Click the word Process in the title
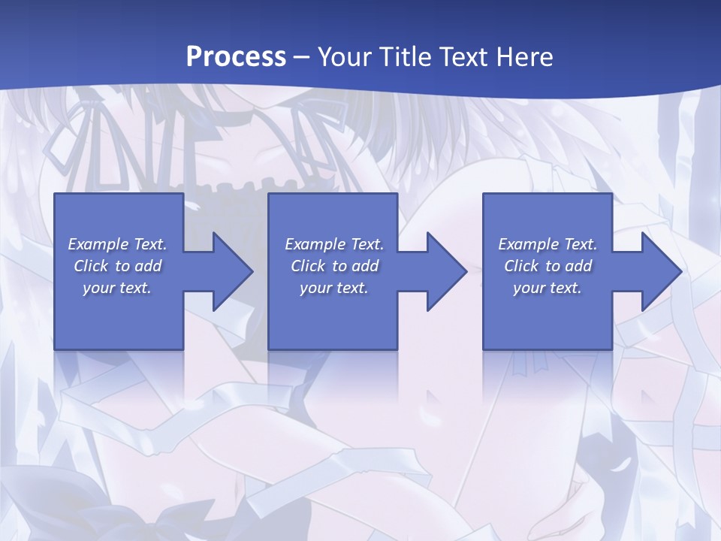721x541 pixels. pos(236,57)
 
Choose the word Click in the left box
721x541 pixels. pos(91,266)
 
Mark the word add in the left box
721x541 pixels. pos(148,266)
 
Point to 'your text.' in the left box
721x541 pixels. pos(117,288)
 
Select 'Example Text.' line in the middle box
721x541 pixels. pos(333,244)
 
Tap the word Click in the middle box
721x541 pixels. pos(308,266)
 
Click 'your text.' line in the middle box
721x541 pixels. pos(333,288)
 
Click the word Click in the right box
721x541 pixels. pos(521,266)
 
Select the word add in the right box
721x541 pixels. pos(578,266)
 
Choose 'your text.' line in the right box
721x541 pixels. pos(548,288)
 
